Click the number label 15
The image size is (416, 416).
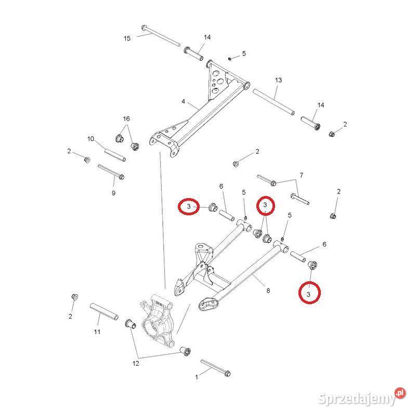click(x=127, y=38)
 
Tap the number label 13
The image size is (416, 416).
click(x=278, y=80)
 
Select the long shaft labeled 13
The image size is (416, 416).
click(x=274, y=102)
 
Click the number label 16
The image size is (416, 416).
click(x=126, y=119)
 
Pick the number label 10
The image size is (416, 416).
click(x=90, y=139)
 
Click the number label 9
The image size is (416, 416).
click(x=113, y=193)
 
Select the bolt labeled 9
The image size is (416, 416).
click(x=111, y=172)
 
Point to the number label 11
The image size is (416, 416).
click(x=97, y=332)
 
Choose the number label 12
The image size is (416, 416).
click(x=136, y=363)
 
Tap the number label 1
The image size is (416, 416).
click(x=197, y=378)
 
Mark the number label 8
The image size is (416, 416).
click(x=268, y=291)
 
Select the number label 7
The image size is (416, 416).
click(x=301, y=175)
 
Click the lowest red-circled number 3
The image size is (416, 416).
click(x=309, y=294)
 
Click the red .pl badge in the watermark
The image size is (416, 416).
click(x=399, y=393)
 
